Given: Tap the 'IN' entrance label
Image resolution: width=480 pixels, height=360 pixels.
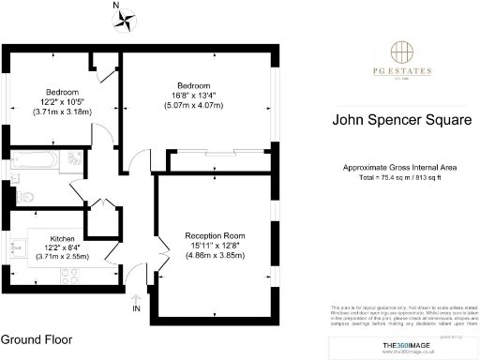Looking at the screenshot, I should pyautogui.click(x=138, y=308).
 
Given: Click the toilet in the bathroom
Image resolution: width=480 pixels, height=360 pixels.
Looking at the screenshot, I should pyautogui.click(x=25, y=197).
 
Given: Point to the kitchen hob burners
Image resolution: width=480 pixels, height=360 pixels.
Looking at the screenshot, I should pyautogui.click(x=67, y=274).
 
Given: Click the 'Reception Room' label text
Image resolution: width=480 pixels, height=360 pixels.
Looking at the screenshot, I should pyautogui.click(x=215, y=235).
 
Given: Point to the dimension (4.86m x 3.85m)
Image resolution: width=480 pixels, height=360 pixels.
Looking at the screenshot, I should pyautogui.click(x=215, y=256).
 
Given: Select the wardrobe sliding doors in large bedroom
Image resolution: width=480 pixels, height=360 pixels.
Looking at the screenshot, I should pyautogui.click(x=218, y=152).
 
